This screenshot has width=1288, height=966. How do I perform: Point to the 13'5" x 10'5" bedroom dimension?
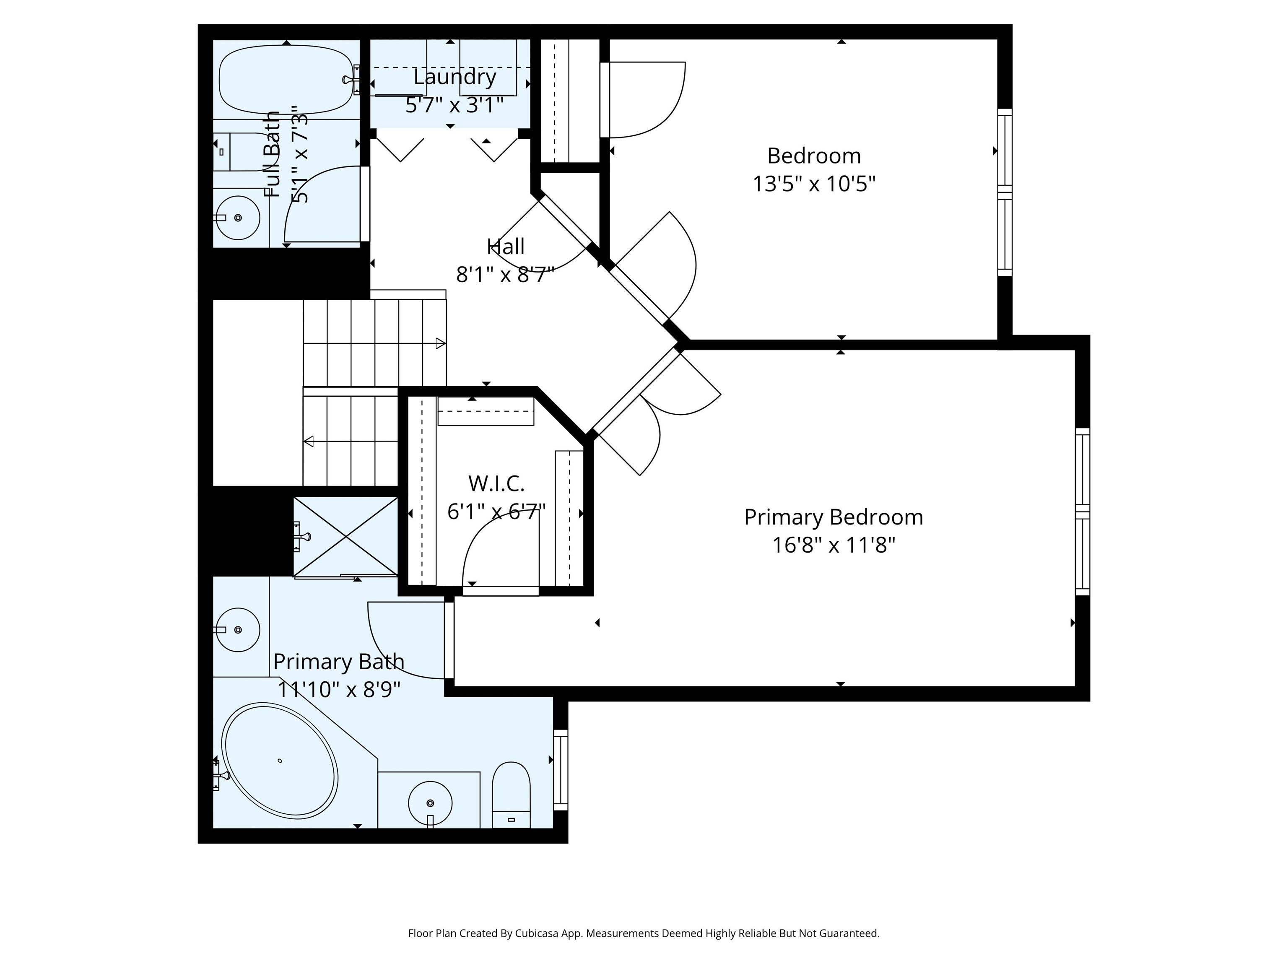tap(814, 184)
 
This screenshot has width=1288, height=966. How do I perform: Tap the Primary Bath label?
tap(339, 662)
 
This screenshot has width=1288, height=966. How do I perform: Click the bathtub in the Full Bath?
tap(286, 80)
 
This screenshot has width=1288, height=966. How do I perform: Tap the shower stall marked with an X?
tap(346, 537)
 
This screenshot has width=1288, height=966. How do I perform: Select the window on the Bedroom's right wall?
tap(1005, 192)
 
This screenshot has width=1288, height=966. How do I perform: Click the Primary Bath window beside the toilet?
tap(560, 770)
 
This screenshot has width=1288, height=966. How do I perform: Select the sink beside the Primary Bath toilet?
tap(430, 801)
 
